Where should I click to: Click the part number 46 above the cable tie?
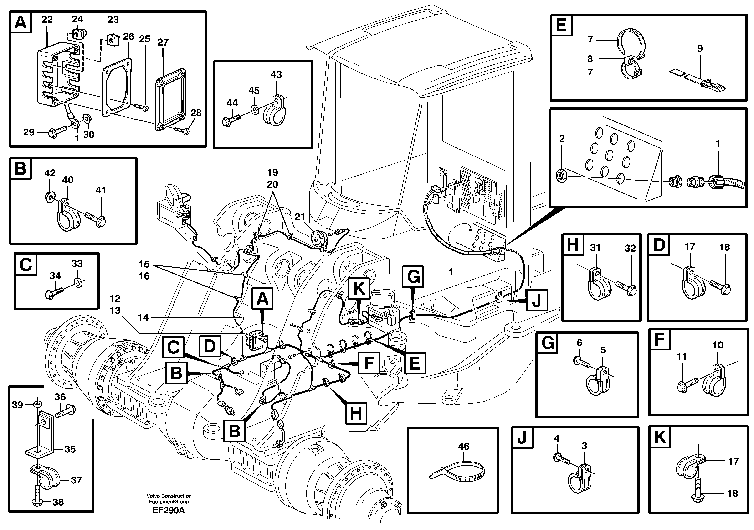click(464, 446)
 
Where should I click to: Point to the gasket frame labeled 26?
click(117, 87)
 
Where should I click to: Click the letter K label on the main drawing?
click(359, 289)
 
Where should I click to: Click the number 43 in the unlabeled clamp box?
click(276, 75)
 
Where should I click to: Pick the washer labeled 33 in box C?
click(78, 282)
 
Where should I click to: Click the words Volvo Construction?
click(169, 496)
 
